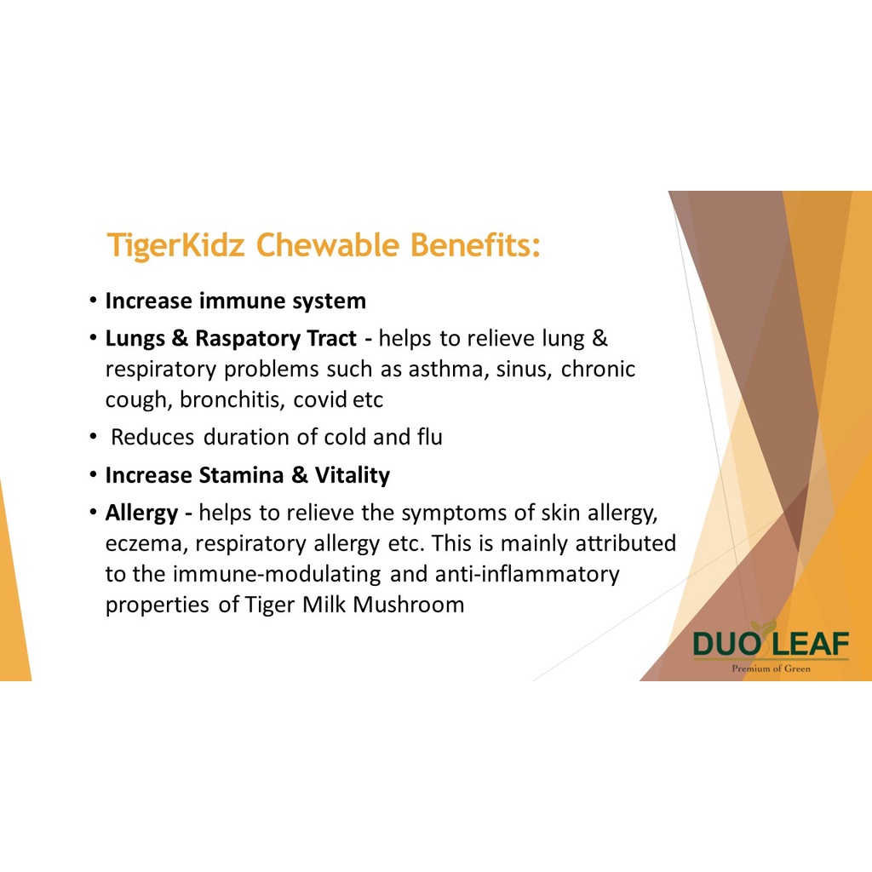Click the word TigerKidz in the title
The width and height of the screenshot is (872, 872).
[x=175, y=245]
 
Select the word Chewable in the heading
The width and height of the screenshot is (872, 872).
[x=328, y=244]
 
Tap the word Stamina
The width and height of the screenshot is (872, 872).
[x=241, y=475]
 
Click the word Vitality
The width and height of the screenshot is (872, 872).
[x=352, y=476]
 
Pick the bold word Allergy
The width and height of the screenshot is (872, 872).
[x=142, y=513]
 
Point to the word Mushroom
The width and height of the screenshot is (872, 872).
[x=408, y=605]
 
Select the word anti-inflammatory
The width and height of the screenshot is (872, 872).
[x=526, y=575]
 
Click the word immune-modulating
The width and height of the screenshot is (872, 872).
[x=277, y=575]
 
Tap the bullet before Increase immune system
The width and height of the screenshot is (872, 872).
[x=93, y=301]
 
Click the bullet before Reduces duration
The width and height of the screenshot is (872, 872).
[x=93, y=437]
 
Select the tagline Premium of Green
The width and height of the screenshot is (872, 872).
[x=771, y=668]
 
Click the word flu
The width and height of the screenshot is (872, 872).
[x=429, y=437]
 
